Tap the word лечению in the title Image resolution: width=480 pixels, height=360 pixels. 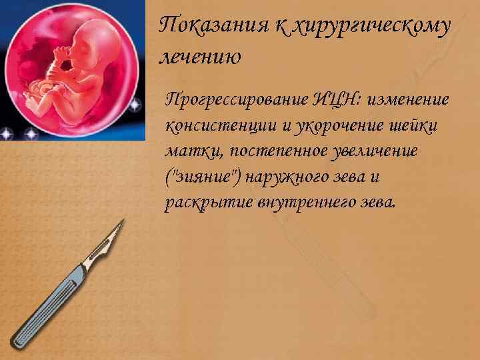click(200, 57)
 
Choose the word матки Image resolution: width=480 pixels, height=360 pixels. click(189, 151)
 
